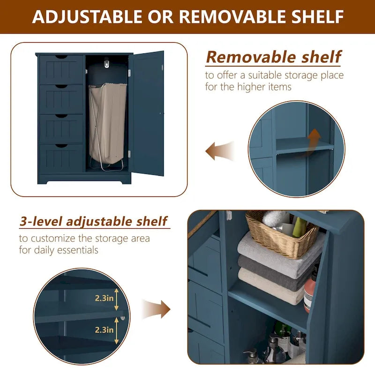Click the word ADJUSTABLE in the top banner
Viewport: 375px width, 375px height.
pyautogui.click(x=87, y=16)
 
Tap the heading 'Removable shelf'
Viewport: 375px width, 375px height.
pyautogui.click(x=273, y=57)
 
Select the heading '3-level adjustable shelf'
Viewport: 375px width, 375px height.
pyautogui.click(x=93, y=221)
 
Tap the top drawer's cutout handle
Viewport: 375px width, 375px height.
pyautogui.click(x=61, y=57)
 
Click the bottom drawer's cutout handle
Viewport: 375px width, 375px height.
pyautogui.click(x=61, y=146)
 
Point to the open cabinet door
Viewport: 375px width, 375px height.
pyautogui.click(x=146, y=113)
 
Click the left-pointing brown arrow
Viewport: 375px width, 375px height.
pyautogui.click(x=219, y=151)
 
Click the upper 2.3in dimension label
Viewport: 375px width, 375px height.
pyautogui.click(x=104, y=298)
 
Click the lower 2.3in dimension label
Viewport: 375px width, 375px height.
pyautogui.click(x=104, y=330)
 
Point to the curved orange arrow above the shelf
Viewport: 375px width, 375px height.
pyautogui.click(x=311, y=143)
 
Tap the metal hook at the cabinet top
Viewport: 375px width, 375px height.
pyautogui.click(x=107, y=63)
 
